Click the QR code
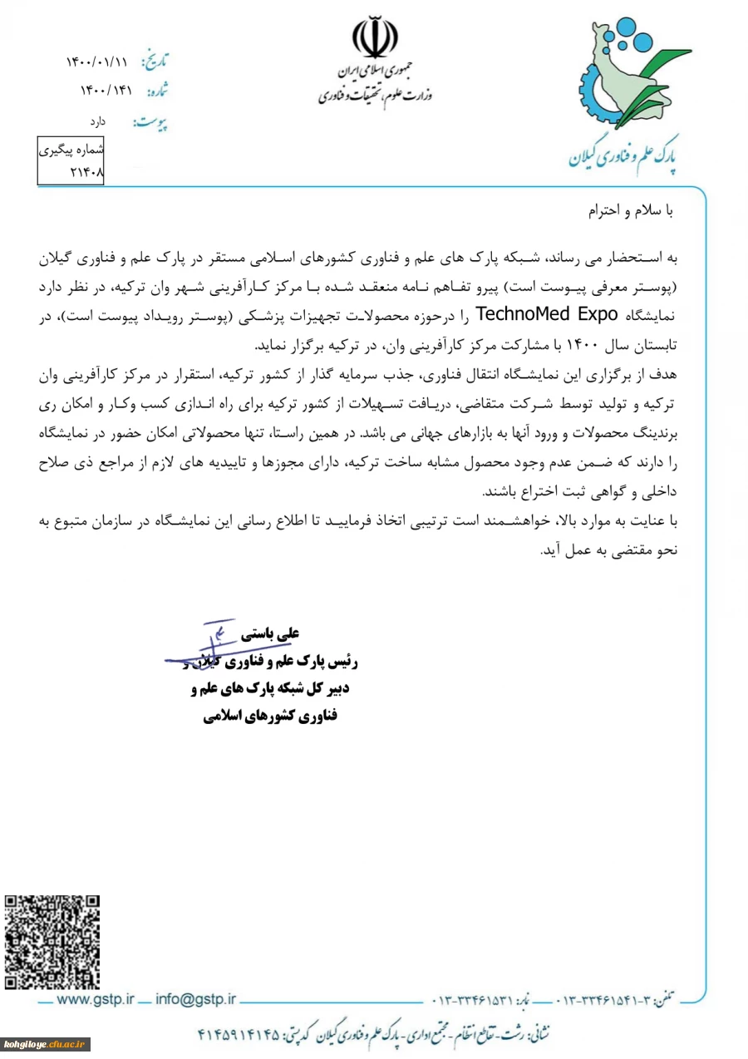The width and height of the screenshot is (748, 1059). tap(52, 941)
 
